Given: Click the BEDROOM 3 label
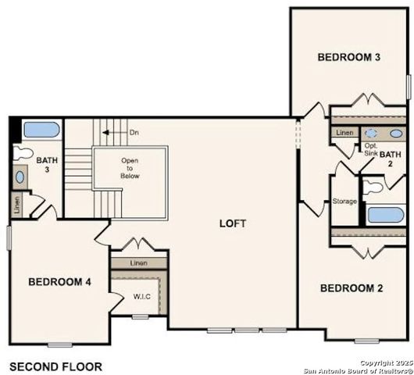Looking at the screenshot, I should click(x=349, y=57).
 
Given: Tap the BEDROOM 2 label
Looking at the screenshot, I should click(x=352, y=288).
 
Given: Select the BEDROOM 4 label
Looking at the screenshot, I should click(x=60, y=281).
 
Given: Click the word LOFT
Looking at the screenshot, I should click(x=233, y=223).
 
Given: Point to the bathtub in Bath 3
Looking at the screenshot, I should click(x=39, y=130).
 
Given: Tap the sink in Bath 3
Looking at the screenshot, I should click(x=19, y=177).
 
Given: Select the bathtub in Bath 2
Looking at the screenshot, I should click(x=386, y=216).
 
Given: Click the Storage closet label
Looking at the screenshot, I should click(x=344, y=202).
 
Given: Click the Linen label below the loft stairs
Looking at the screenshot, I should click(x=139, y=263).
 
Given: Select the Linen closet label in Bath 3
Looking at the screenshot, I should click(x=17, y=205).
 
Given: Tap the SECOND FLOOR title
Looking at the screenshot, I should click(x=55, y=366).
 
